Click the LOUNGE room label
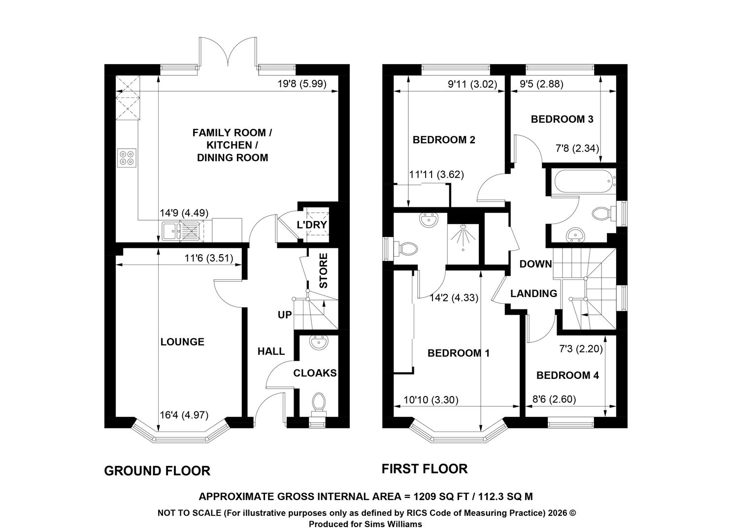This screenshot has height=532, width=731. click(x=182, y=342)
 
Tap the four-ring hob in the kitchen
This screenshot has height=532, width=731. click(x=127, y=158)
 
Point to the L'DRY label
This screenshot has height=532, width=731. click(x=312, y=225)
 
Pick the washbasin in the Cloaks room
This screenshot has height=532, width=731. click(x=318, y=343)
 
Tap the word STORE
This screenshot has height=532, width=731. click(x=323, y=271)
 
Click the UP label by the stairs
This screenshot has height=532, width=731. click(x=285, y=315)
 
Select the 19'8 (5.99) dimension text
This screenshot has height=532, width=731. click(x=302, y=84)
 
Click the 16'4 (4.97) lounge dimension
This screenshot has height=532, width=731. click(x=184, y=415)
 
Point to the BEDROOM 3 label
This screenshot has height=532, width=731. click(x=562, y=119)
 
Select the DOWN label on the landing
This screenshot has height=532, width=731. click(x=535, y=264)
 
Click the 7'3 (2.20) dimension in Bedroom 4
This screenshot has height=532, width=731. click(x=581, y=349)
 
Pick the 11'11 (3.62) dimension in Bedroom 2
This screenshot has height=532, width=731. click(x=436, y=174)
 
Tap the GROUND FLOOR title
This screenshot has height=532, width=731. click(x=157, y=471)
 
